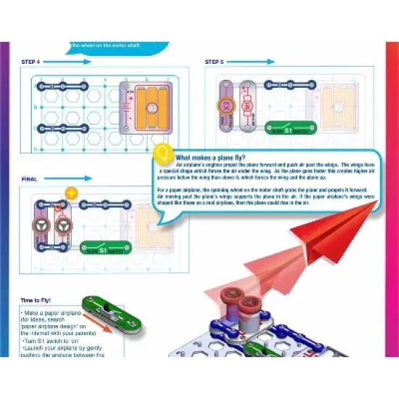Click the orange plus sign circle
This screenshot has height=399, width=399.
(71, 192)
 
